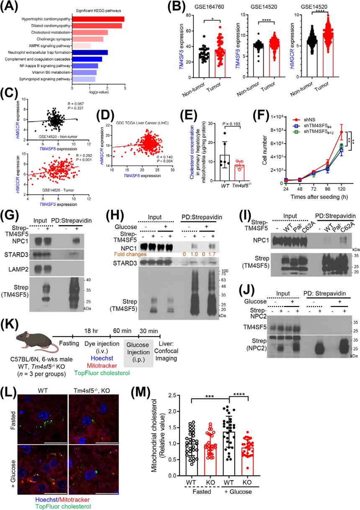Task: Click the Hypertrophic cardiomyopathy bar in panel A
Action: pos(98,19)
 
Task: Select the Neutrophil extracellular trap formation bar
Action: pos(90,52)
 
